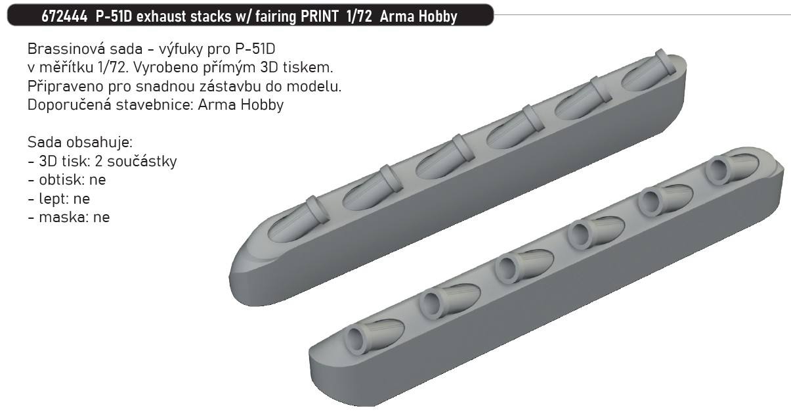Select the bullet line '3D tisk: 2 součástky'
(x=102, y=161)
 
